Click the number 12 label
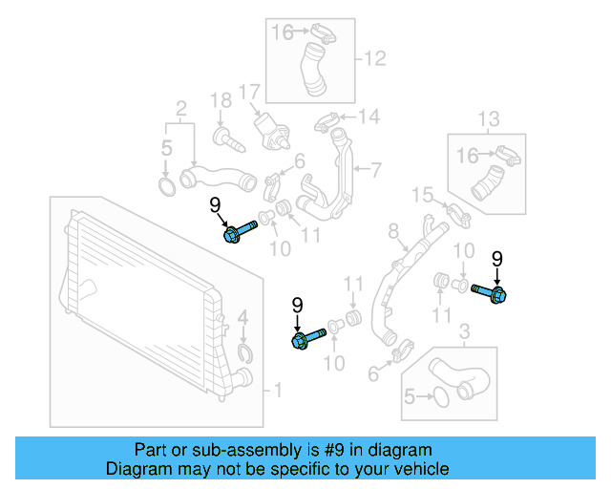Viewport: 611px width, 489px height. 374,59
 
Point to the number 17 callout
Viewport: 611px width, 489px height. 249,93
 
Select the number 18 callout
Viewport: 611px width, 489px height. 221,100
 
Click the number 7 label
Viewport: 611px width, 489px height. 375,171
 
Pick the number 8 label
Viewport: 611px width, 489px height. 392,230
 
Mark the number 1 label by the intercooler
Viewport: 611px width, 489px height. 278,390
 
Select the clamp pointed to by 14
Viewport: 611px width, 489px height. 327,121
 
